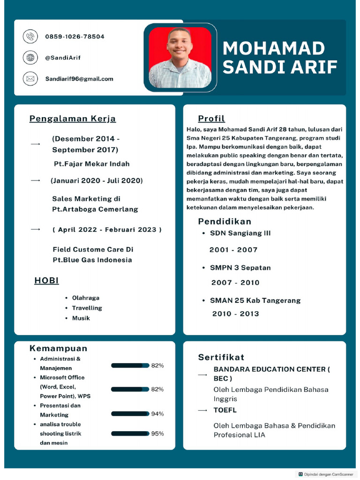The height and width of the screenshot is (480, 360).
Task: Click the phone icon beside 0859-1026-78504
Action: point(30,36)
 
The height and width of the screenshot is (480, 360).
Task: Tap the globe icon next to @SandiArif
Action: point(30,58)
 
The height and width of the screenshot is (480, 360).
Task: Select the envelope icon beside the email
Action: point(30,79)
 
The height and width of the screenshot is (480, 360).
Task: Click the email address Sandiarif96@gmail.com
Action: point(79,79)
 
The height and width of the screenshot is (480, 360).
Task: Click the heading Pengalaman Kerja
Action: point(73,119)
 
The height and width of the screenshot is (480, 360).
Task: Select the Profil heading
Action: point(211,119)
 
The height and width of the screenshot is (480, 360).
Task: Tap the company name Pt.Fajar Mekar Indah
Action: point(91,164)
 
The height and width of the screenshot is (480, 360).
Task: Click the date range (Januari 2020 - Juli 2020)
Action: point(97,180)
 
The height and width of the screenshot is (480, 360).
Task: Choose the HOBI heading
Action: point(46,281)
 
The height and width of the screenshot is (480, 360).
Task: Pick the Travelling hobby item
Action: point(87,308)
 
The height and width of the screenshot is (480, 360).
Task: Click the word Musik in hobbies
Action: point(81,318)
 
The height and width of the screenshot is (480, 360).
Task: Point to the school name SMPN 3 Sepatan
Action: point(240,268)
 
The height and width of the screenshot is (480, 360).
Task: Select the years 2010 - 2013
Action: point(235,314)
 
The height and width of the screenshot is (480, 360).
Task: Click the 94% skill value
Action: point(157,414)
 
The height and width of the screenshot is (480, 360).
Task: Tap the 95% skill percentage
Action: point(157,434)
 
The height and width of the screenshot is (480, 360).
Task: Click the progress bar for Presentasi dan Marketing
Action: point(130,414)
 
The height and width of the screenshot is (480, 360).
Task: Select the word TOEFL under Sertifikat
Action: point(225,410)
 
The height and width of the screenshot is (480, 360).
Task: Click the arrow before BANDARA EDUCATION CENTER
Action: point(202,375)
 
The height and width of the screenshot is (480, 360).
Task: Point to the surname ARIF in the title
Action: point(312,67)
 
